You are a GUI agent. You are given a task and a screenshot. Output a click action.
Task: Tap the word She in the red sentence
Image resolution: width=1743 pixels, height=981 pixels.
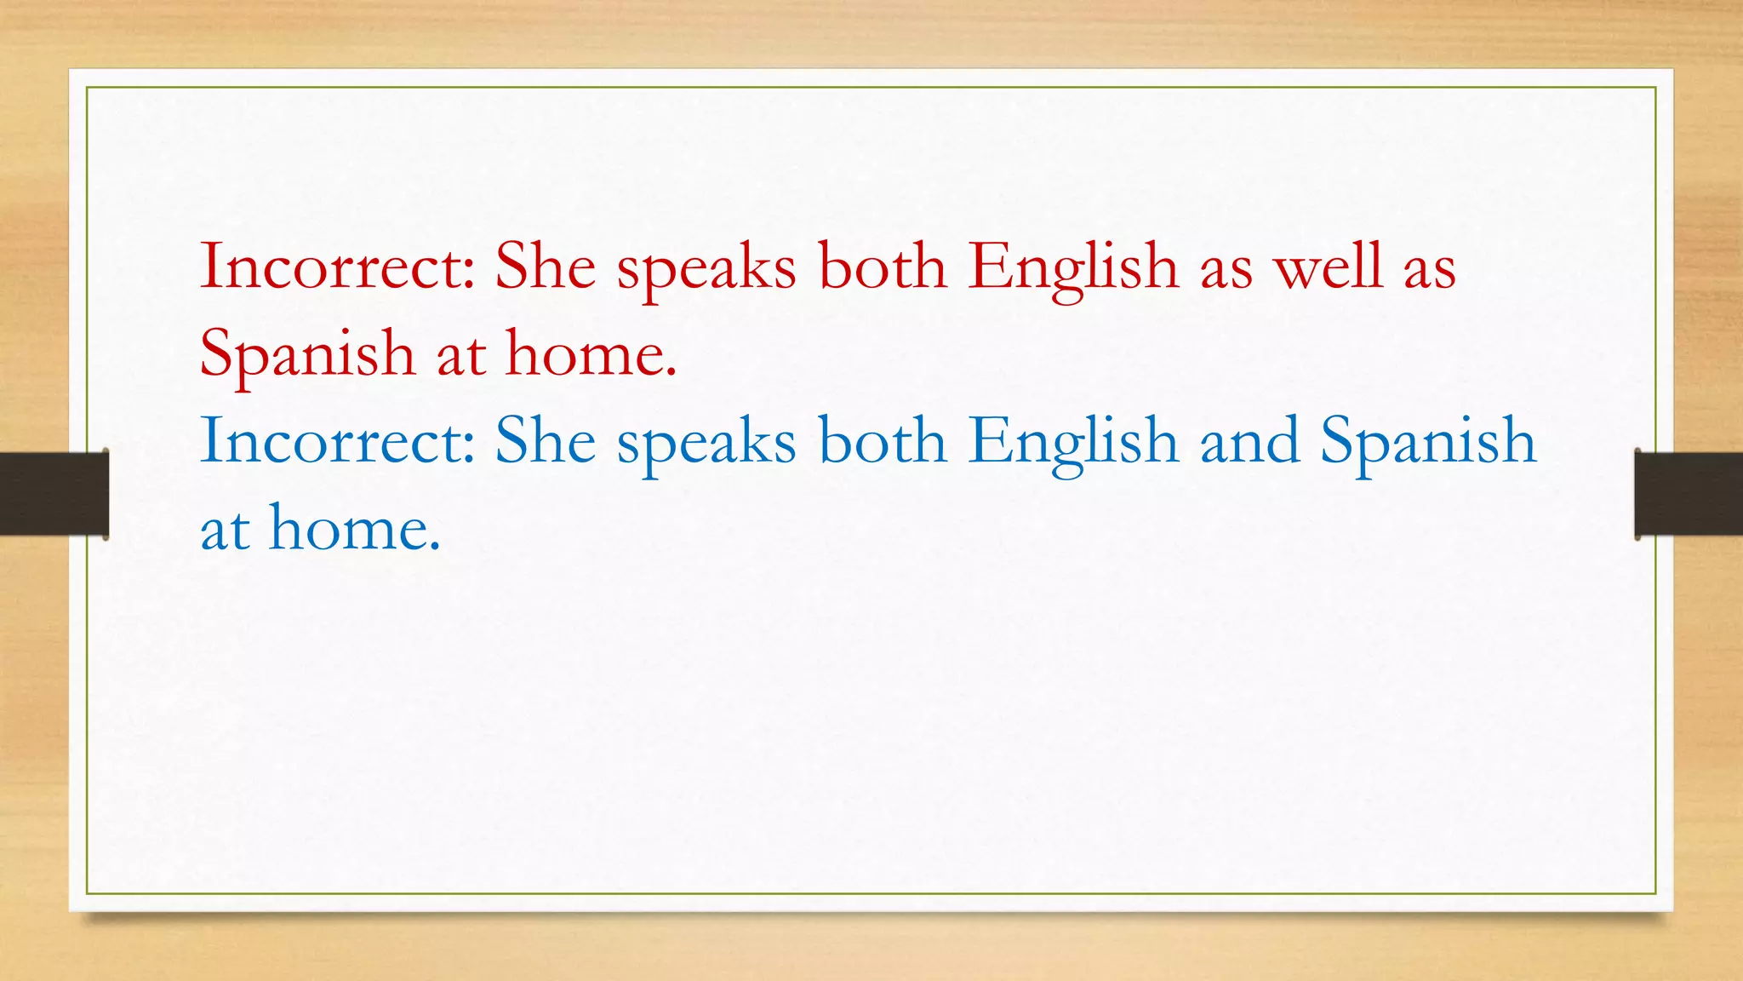(x=546, y=267)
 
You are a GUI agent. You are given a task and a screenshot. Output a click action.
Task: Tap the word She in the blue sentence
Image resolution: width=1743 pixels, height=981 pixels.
(x=546, y=441)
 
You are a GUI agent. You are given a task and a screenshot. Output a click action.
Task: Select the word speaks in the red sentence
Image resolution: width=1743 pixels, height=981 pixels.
(x=706, y=271)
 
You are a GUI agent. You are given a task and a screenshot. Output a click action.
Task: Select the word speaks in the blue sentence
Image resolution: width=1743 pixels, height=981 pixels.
(x=706, y=445)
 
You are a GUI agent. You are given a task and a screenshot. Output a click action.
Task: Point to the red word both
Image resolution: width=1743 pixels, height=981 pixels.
(x=883, y=267)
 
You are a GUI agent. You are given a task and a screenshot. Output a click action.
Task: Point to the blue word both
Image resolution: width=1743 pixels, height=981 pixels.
(x=883, y=441)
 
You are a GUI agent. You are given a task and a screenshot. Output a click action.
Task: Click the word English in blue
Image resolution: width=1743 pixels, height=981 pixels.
(x=1073, y=444)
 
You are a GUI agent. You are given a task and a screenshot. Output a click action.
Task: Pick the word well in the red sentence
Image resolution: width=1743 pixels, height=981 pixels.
(x=1328, y=267)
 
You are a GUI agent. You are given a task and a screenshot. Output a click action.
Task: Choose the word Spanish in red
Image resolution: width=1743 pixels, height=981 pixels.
(x=307, y=356)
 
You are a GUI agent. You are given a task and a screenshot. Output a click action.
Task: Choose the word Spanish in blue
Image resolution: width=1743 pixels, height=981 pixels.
(x=1428, y=444)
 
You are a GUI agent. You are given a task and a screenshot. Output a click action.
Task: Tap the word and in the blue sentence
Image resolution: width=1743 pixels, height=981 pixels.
(x=1249, y=441)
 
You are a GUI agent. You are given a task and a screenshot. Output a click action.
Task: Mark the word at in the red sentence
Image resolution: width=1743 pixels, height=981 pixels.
(x=460, y=356)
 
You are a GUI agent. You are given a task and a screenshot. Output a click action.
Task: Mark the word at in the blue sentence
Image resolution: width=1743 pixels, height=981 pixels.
(x=225, y=531)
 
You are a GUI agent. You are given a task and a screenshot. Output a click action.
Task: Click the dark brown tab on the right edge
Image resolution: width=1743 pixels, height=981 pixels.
(x=1689, y=494)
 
